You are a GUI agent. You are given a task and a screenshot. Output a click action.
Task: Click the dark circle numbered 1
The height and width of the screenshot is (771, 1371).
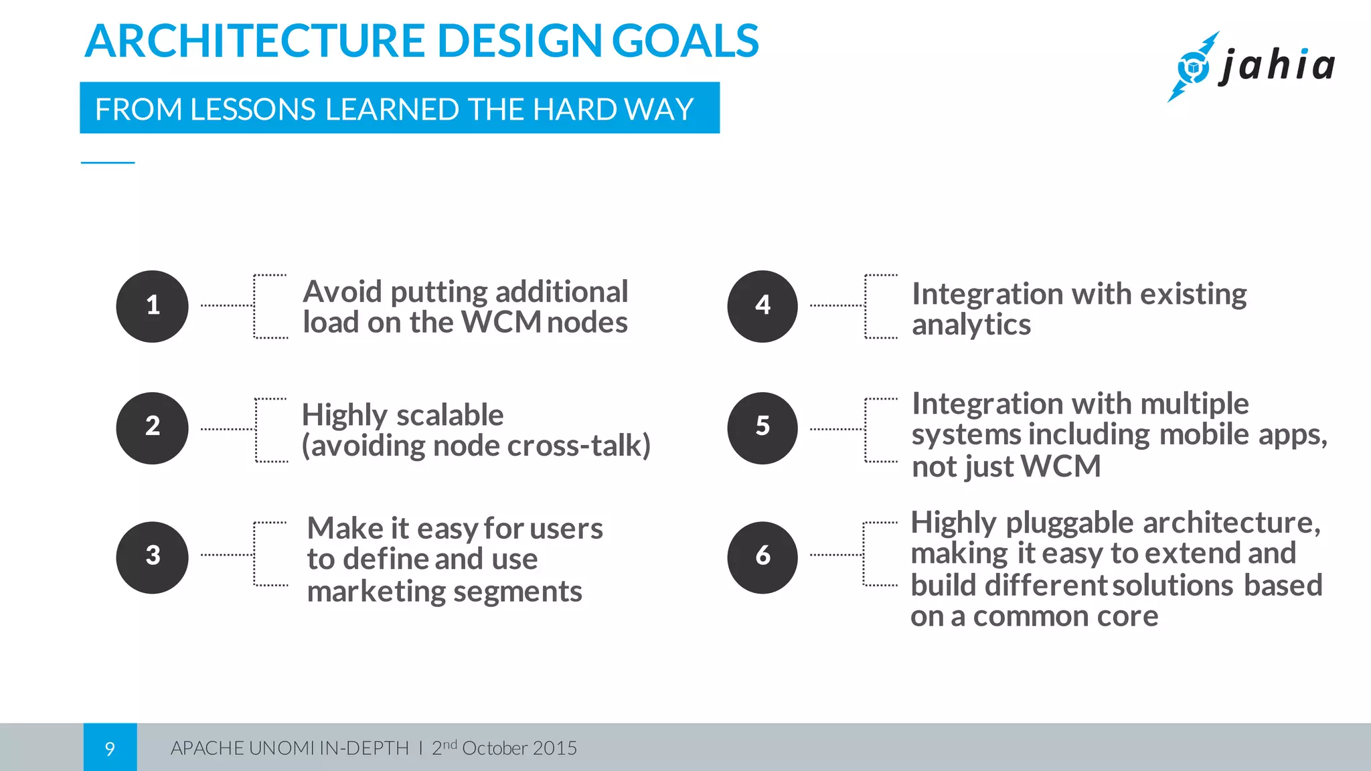click(152, 307)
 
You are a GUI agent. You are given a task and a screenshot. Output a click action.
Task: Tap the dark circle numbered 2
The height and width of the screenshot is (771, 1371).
click(152, 428)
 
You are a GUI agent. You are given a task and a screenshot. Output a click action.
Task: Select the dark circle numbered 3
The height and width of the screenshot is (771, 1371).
click(152, 558)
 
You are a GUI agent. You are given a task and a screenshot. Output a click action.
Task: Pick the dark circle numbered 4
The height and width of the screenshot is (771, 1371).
click(762, 307)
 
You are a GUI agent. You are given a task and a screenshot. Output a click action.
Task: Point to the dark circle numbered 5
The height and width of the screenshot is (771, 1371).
click(762, 428)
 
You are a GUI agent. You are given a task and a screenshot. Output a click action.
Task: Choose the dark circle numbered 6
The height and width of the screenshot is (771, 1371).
click(762, 558)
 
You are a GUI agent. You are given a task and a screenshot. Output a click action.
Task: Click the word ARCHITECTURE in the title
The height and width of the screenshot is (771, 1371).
click(254, 41)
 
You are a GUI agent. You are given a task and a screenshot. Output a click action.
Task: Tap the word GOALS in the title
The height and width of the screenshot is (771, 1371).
click(685, 41)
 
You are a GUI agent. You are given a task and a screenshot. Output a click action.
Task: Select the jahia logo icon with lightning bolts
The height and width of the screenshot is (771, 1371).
click(1192, 67)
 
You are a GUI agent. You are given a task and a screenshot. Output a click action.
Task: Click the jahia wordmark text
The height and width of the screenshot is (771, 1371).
click(1277, 66)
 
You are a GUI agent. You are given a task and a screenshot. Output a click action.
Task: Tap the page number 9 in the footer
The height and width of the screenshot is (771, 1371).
click(110, 748)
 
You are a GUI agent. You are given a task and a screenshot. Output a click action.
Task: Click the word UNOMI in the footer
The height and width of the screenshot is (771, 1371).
click(281, 748)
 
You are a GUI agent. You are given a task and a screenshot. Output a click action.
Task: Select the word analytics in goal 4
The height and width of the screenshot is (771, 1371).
click(971, 326)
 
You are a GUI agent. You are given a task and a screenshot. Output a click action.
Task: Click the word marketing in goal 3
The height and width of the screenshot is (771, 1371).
click(372, 592)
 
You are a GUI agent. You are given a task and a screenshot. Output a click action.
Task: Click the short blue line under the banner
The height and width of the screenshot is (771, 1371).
click(108, 163)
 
